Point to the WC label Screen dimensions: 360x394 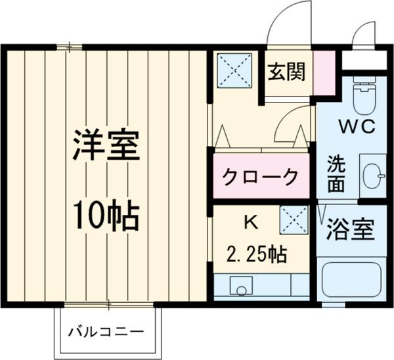click(357, 127)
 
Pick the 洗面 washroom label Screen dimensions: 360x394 click(336, 173)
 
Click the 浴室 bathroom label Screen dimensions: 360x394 click(350, 230)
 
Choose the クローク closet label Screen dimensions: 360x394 click(260, 176)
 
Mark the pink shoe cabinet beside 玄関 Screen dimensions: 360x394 click(322, 70)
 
